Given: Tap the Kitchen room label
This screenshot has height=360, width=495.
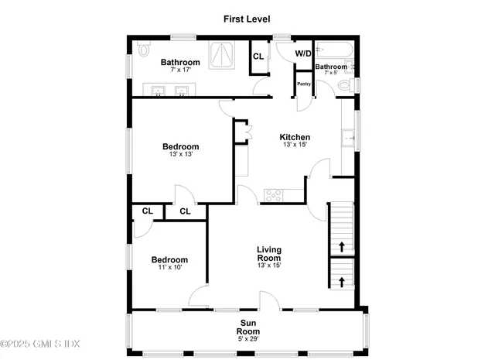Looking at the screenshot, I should (x=295, y=137).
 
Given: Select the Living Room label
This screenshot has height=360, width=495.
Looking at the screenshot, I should (x=269, y=253).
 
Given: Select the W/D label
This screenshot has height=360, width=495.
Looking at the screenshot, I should (x=303, y=54).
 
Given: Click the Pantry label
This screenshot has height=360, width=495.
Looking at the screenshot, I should (x=303, y=84).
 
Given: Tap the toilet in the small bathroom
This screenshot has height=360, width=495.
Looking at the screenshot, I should (x=350, y=84).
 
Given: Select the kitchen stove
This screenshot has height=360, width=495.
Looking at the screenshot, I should (x=275, y=193).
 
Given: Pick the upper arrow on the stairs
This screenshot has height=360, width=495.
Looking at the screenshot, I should (x=341, y=247).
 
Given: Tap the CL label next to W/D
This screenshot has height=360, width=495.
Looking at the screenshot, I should (x=258, y=55).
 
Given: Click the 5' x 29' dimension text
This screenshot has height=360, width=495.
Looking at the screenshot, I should (x=247, y=338).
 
